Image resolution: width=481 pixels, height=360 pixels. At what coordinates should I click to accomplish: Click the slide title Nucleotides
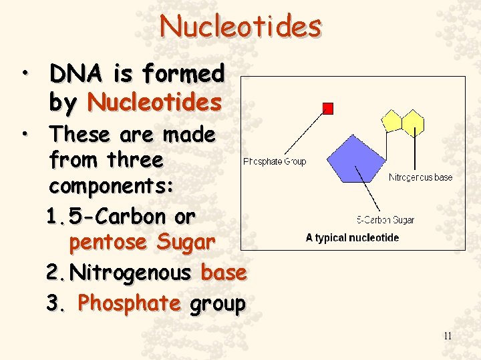240,27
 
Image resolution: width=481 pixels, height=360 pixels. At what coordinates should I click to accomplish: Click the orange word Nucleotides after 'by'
154,103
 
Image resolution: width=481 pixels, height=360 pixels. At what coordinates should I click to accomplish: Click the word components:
111,186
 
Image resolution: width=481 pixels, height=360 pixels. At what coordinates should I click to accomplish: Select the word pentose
108,242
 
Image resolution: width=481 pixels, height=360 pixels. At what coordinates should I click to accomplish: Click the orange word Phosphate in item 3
129,303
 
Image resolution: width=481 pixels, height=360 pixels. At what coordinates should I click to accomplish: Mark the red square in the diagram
327,108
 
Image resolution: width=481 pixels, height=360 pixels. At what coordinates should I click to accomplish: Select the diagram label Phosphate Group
275,161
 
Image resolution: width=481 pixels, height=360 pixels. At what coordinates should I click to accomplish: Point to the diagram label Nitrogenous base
420,178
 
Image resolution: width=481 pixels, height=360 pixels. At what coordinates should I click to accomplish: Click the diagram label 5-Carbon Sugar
385,220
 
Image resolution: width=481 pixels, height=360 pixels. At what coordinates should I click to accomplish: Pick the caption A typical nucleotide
352,238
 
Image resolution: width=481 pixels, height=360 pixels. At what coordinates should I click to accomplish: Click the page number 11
447,336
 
